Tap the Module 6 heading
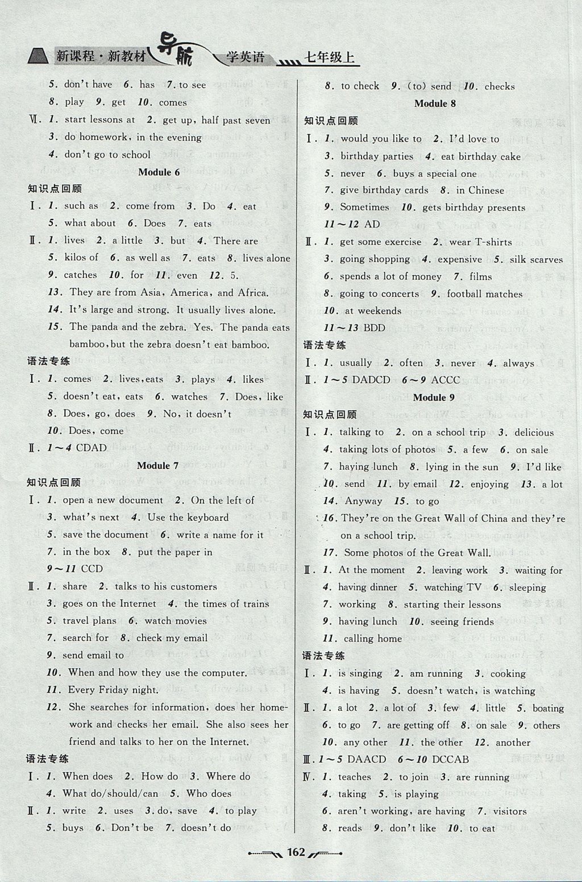pos(159,172)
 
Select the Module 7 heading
pos(158,465)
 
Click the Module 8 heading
pos(435,103)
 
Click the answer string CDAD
pos(92,448)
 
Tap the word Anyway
pos(363,501)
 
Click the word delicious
pos(534,432)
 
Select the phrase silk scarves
pos(536,259)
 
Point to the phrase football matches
pos(484,294)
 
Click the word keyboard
pos(206,517)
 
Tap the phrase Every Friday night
pos(113,690)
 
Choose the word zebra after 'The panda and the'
pos(174,327)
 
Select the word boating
pos(548,708)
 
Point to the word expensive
pos(460,259)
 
